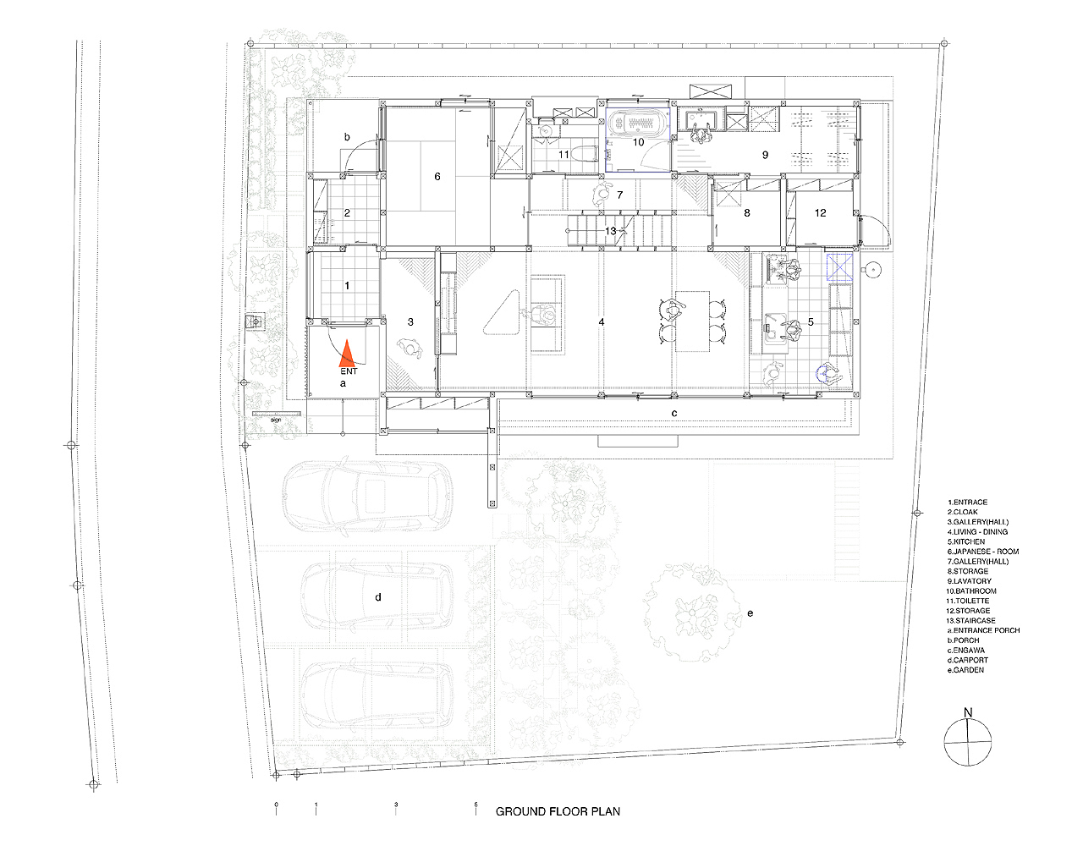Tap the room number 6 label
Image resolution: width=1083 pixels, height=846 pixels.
[x=437, y=177]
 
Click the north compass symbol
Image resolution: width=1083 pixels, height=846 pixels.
[x=968, y=742]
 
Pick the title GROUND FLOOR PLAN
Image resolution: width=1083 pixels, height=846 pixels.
[x=558, y=811]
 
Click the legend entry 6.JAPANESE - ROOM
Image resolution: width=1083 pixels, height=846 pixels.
[x=983, y=552]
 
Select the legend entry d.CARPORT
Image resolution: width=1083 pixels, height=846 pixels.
[x=968, y=660]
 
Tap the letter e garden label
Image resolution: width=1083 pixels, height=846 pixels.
[x=750, y=613]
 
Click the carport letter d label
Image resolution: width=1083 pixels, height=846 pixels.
[x=378, y=597]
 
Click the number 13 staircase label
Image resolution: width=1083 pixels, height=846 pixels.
[x=611, y=231]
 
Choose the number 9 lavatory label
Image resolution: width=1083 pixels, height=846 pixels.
[x=766, y=156]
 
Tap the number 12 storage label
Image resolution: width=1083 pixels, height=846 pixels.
[x=820, y=213]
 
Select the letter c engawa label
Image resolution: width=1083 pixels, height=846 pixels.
[x=674, y=413]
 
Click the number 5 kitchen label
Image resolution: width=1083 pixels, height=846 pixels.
[x=811, y=322]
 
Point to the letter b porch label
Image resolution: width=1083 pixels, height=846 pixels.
[x=347, y=137]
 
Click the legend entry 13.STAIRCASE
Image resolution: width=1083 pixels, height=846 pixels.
[x=972, y=620]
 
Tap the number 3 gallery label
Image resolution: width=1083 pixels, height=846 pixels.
[x=411, y=322]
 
